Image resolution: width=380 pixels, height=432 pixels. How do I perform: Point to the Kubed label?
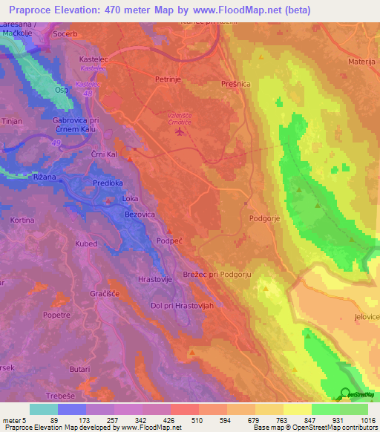[86, 243]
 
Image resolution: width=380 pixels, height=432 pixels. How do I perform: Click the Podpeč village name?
[171, 240]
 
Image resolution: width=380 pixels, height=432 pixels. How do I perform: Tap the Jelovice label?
[366, 317]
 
